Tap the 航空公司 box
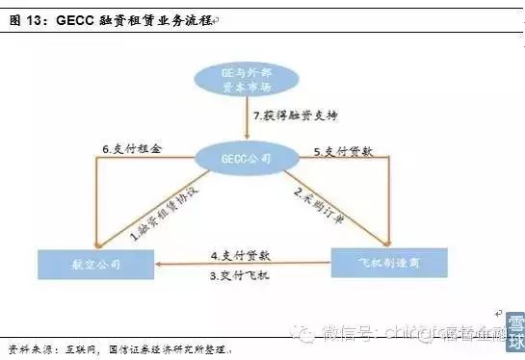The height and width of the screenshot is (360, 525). [x=95, y=262]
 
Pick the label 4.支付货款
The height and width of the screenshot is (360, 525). [x=240, y=255]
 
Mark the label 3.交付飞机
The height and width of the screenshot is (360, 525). [x=240, y=277]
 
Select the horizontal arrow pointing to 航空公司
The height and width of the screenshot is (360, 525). [x=241, y=266]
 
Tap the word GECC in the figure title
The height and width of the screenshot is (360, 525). [x=75, y=20]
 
